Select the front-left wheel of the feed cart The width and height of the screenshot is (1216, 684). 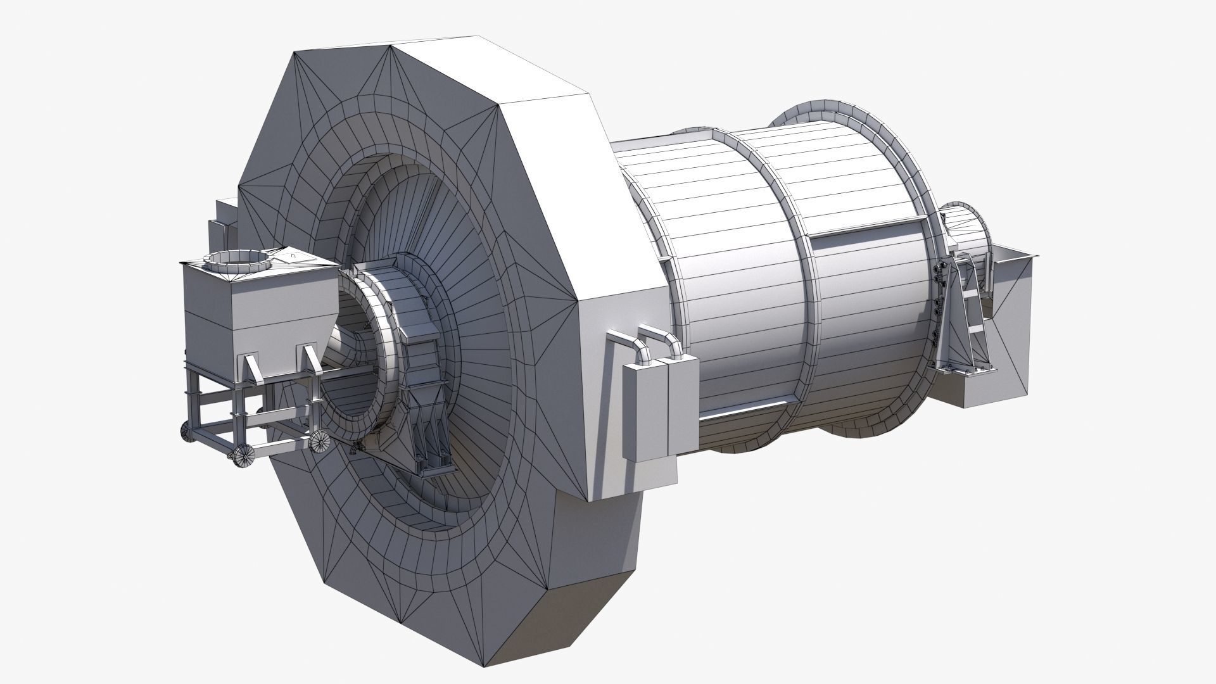click(243, 456)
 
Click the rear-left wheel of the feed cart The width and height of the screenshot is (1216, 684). click(187, 432)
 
